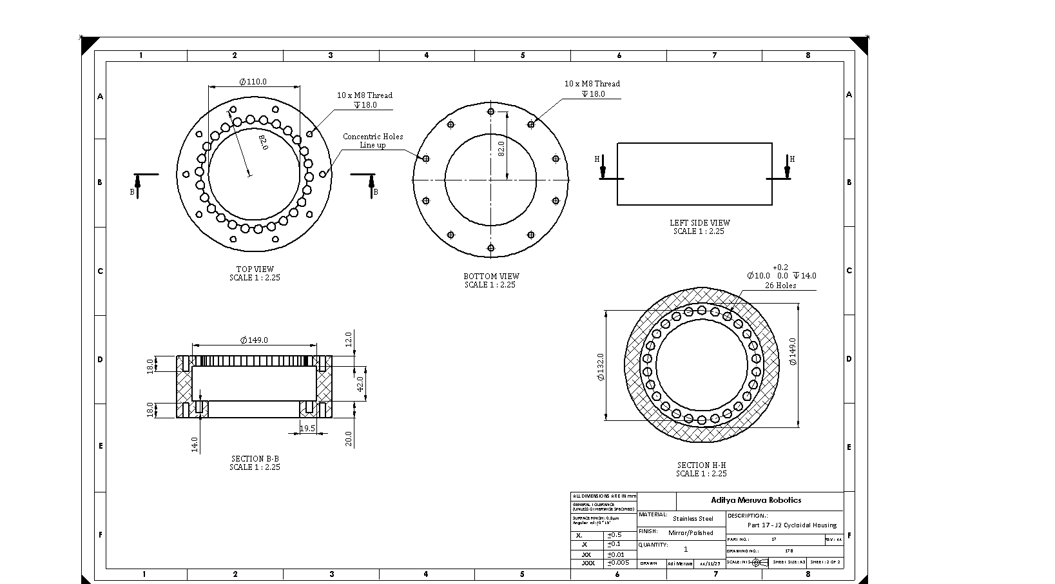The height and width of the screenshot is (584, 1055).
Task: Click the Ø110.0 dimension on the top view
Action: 253,82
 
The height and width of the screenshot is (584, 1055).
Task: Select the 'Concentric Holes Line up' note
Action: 373,141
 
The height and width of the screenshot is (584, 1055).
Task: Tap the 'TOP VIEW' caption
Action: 255,269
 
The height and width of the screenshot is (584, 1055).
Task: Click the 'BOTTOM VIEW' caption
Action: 491,277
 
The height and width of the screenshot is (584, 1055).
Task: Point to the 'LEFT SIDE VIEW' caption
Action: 699,223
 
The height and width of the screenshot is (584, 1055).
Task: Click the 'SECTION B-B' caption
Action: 255,459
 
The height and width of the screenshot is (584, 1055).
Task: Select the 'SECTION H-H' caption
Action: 701,465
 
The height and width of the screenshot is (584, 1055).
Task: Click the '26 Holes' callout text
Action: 780,286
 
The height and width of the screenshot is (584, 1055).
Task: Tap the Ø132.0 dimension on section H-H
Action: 601,366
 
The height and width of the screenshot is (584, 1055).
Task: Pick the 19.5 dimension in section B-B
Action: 307,428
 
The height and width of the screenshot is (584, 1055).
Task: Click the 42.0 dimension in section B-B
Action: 361,383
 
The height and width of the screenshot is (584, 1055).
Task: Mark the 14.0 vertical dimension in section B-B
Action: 195,444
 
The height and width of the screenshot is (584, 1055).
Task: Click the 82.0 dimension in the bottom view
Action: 501,149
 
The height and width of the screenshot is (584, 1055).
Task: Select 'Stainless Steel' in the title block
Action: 693,518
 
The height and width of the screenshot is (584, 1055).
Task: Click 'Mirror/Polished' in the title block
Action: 691,533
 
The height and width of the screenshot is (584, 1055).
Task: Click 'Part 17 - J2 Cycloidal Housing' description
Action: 791,525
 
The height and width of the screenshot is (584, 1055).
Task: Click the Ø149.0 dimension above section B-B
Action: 254,340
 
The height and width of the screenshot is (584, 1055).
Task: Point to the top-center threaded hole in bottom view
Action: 491,112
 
